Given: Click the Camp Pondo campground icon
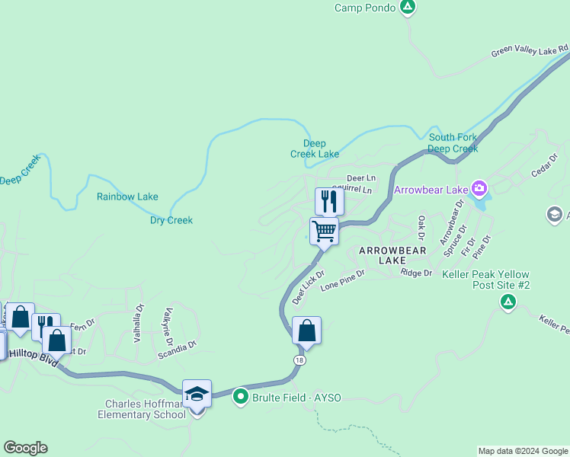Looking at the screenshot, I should pyautogui.click(x=408, y=8).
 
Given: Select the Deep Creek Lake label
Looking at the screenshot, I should pyautogui.click(x=315, y=149).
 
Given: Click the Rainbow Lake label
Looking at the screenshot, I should pyautogui.click(x=127, y=197).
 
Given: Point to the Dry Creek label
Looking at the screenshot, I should pyautogui.click(x=171, y=220).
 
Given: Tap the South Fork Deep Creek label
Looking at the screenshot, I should pyautogui.click(x=453, y=143).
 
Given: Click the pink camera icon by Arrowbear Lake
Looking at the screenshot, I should pyautogui.click(x=479, y=187).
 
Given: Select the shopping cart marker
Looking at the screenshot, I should pyautogui.click(x=324, y=231).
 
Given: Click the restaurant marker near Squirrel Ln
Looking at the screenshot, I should pyautogui.click(x=329, y=201).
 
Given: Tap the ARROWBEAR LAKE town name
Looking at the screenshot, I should pyautogui.click(x=383, y=255).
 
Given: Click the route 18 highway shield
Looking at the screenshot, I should pyautogui.click(x=301, y=360).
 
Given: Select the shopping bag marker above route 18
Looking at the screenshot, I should pyautogui.click(x=306, y=331).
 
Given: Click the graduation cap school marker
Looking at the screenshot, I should pyautogui.click(x=197, y=394).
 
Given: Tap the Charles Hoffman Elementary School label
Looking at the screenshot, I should pyautogui.click(x=142, y=409).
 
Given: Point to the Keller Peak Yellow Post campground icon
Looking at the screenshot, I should pyautogui.click(x=508, y=303).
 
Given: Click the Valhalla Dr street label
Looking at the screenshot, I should pyautogui.click(x=139, y=324).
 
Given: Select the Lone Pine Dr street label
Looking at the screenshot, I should pyautogui.click(x=342, y=283).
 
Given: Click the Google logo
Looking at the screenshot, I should pyautogui.click(x=25, y=448).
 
